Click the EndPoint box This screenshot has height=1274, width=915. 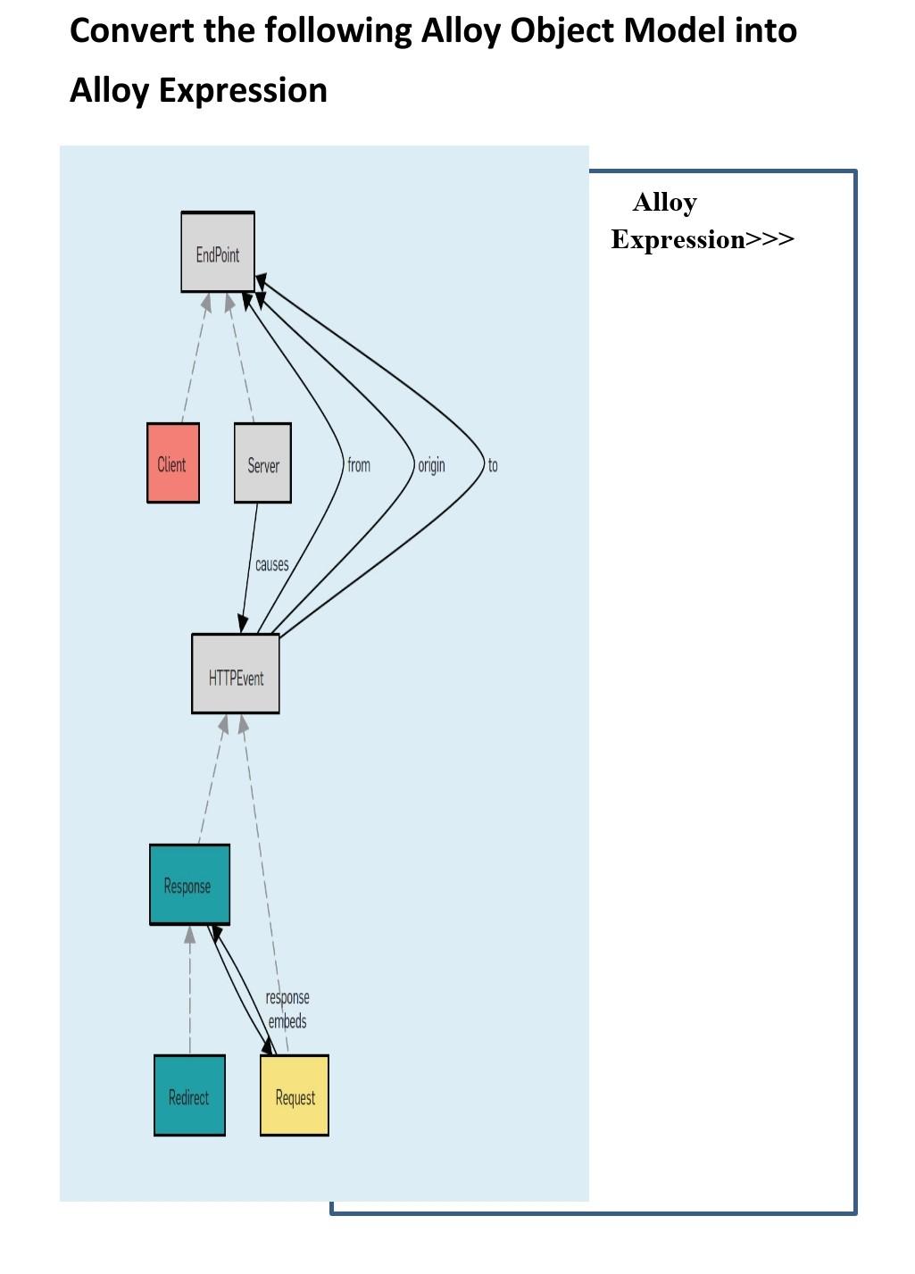(x=218, y=253)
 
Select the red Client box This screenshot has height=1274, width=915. (x=173, y=463)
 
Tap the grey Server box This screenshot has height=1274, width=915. (x=262, y=463)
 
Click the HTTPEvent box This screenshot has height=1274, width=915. (x=236, y=675)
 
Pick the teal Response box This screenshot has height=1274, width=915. (x=189, y=885)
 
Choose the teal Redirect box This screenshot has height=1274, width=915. (x=189, y=1095)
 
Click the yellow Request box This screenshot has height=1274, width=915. (x=295, y=1095)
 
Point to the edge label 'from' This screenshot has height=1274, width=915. (x=359, y=465)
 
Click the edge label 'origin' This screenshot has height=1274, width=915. (x=431, y=465)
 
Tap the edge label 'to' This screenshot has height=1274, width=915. (x=493, y=465)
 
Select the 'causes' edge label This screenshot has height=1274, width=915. (x=271, y=564)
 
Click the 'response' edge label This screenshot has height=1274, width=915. (x=287, y=997)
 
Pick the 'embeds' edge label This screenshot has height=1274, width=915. (x=287, y=1020)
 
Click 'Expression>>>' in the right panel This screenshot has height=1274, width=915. (x=702, y=239)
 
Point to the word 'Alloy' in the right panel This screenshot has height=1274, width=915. (x=664, y=203)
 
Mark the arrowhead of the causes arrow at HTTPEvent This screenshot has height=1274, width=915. (x=242, y=624)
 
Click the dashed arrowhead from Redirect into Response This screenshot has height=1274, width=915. (x=189, y=935)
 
